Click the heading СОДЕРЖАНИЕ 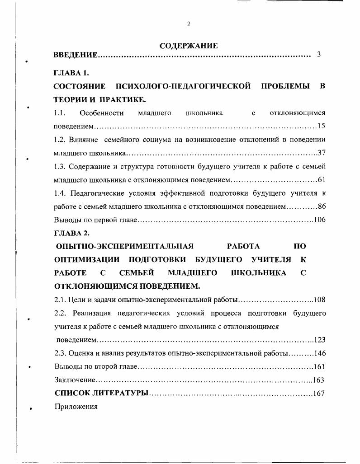pos(189,46)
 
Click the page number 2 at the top pos(189,24)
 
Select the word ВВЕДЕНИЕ pos(75,56)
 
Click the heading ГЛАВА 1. pos(68,73)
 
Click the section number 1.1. pos(60,113)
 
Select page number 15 pos(322,126)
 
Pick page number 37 pos(322,153)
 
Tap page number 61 pos(322,179)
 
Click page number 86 pos(322,206)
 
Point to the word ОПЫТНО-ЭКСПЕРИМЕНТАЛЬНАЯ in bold pos(124,246)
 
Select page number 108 pos(320,300)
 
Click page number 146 pos(320,353)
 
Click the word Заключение pos(74,380)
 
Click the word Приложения pos(76,406)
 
